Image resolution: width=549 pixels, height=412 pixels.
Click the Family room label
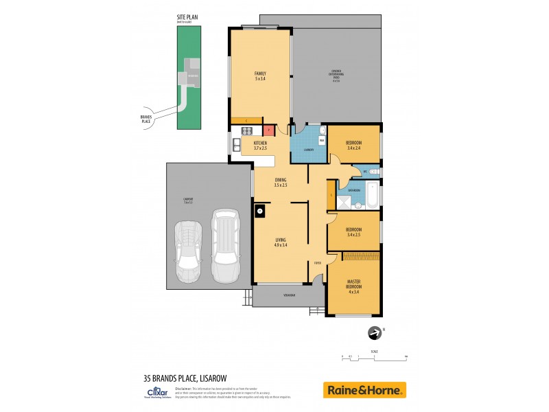pyautogui.click(x=260, y=76)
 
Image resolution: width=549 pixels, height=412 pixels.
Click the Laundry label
pyautogui.click(x=309, y=149)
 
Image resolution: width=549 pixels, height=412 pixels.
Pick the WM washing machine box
pyautogui.click(x=320, y=141)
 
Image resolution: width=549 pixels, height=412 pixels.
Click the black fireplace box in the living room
pyautogui.click(x=260, y=211)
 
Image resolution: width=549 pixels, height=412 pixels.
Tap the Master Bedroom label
pyautogui.click(x=353, y=286)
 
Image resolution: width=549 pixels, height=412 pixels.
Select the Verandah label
pyautogui.click(x=289, y=296)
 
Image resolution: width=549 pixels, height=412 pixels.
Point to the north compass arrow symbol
pyautogui.click(x=375, y=332)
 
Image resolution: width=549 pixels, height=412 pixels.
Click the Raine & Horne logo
pyautogui.click(x=364, y=390)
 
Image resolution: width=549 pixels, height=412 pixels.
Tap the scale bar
pyautogui.click(x=375, y=357)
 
